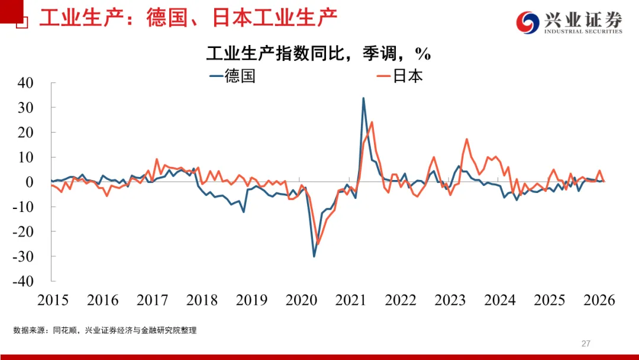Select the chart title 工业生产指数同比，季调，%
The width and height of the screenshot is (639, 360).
coord(318,54)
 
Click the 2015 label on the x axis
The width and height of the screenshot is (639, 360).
coord(53,300)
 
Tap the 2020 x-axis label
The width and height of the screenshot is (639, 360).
coord(301,300)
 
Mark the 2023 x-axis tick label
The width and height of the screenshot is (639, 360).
coord(450,300)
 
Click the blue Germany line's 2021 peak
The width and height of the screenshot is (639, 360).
coord(363,98)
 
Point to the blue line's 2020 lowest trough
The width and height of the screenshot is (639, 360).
coord(314,256)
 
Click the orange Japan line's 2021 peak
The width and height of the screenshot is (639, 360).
coord(371,123)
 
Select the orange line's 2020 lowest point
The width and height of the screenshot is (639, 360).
coord(318,243)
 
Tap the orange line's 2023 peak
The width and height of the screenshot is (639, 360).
coord(467,139)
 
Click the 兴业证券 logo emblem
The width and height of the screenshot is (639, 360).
coord(528,22)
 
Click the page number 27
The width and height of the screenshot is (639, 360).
coord(586,343)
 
